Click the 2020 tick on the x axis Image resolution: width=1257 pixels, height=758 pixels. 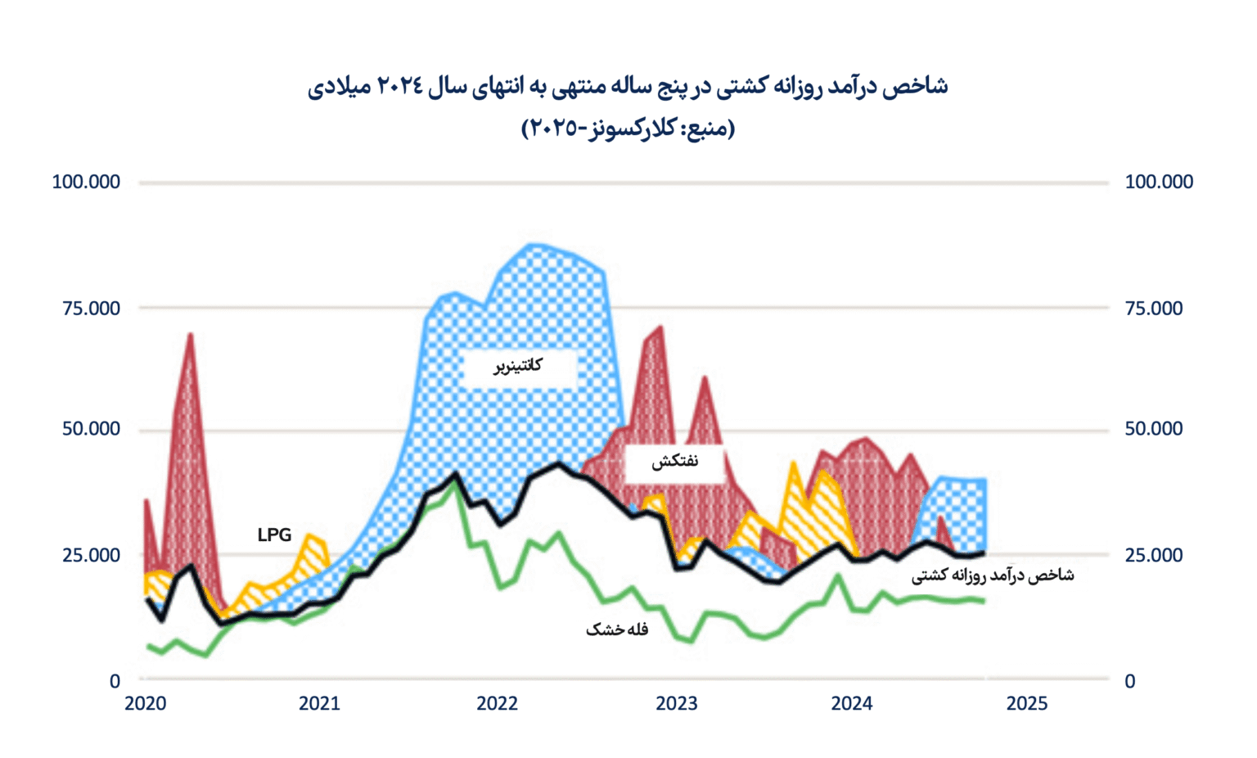[x=145, y=703]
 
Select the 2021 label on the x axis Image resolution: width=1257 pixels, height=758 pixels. [x=319, y=703]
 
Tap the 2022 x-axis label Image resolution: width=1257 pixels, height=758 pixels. [x=497, y=703]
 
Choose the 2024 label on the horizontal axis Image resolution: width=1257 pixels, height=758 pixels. [x=851, y=703]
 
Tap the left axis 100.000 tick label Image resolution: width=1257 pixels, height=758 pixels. [x=86, y=182]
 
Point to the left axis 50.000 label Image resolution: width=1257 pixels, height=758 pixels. [x=91, y=429]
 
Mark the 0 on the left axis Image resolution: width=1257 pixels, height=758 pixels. [x=115, y=681]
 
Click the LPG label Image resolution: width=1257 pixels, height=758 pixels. [x=274, y=535]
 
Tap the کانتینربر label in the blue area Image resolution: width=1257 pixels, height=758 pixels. [x=517, y=366]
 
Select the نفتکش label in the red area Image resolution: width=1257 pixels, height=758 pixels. [x=674, y=462]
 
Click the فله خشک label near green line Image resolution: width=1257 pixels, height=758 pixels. [x=616, y=629]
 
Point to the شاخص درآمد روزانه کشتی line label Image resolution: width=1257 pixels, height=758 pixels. [x=992, y=575]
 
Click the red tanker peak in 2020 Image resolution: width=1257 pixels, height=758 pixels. [x=190, y=334]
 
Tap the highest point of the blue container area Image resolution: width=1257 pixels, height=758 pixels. [x=533, y=244]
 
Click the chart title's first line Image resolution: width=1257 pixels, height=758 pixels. [x=628, y=87]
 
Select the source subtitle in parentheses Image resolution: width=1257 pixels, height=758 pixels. [x=628, y=129]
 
